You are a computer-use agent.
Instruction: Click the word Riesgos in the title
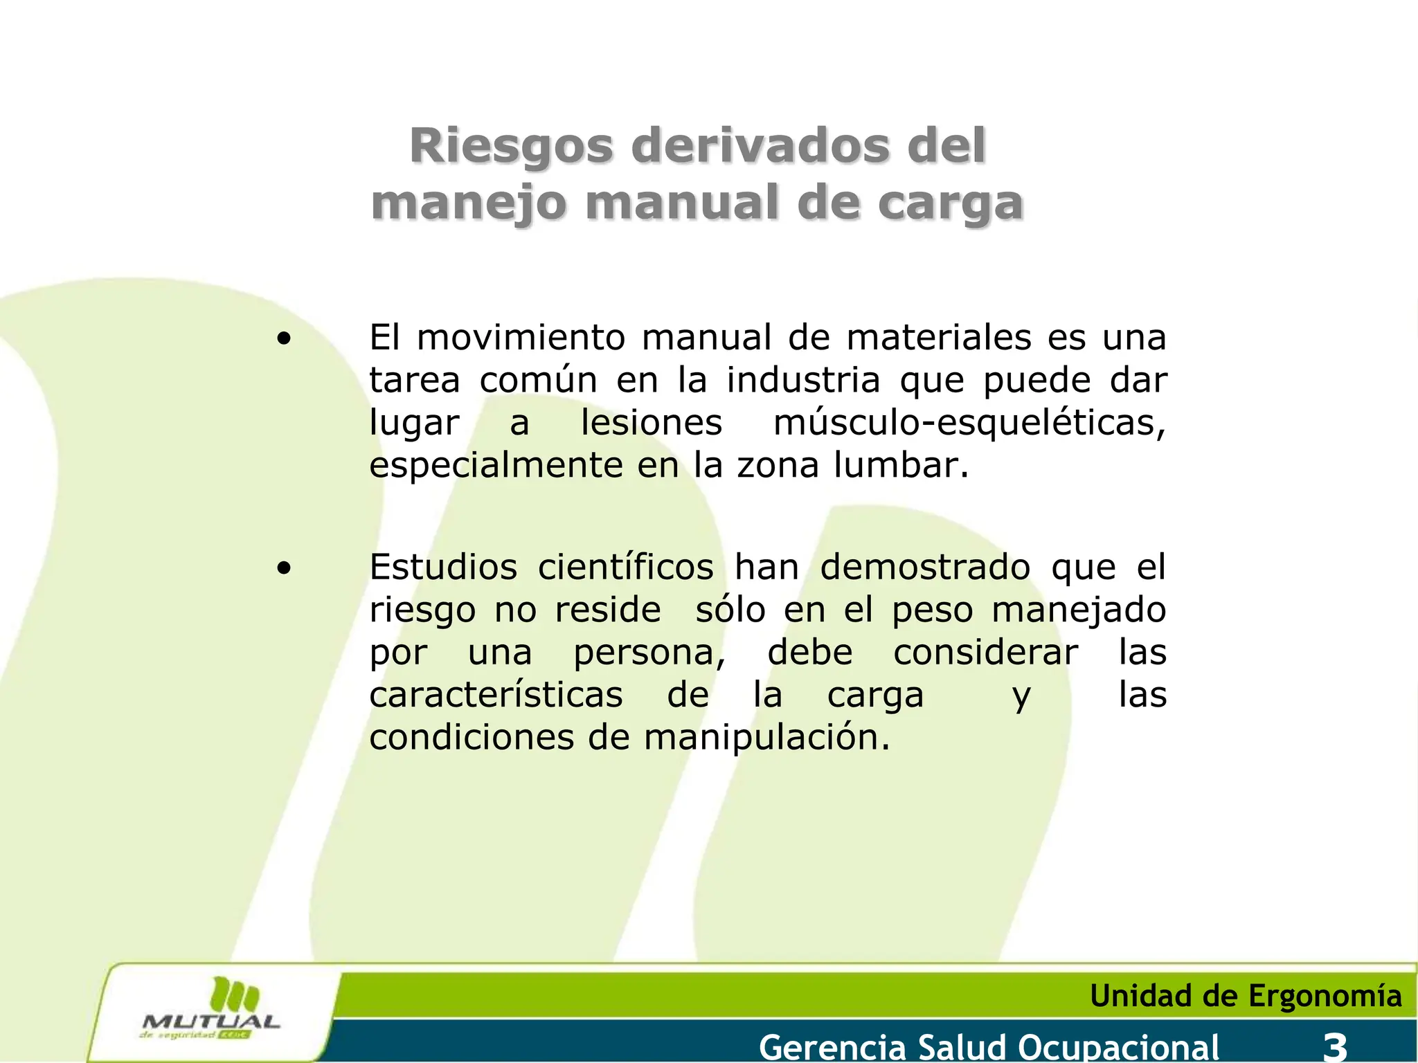tap(511, 146)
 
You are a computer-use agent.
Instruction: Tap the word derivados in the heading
tap(760, 146)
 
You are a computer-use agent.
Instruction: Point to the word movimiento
tap(521, 338)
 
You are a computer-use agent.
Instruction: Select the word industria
tap(803, 380)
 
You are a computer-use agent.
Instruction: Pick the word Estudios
tap(443, 567)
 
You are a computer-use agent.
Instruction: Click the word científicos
tap(625, 567)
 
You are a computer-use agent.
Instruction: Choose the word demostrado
tap(925, 567)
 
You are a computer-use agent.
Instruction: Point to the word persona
tap(649, 653)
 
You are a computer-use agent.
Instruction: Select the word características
tap(496, 695)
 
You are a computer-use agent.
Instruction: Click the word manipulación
tap(766, 738)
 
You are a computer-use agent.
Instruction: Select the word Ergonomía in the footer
tap(1325, 997)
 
